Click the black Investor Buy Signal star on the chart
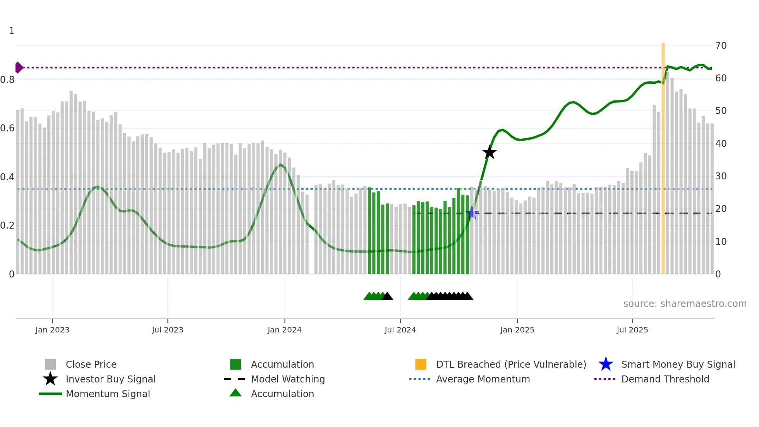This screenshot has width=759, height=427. pyautogui.click(x=489, y=153)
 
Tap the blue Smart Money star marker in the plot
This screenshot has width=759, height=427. pyautogui.click(x=472, y=213)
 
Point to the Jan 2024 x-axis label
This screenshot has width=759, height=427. pyautogui.click(x=284, y=330)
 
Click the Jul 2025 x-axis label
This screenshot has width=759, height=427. pyautogui.click(x=632, y=330)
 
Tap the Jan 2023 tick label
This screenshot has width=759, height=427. pyautogui.click(x=52, y=330)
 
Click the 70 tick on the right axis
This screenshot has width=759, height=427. pyautogui.click(x=721, y=46)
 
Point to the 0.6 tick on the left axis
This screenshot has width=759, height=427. pyautogui.click(x=7, y=128)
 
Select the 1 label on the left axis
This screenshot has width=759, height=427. pyautogui.click(x=12, y=31)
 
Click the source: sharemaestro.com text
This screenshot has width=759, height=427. pyautogui.click(x=685, y=304)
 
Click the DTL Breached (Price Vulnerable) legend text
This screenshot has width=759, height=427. pyautogui.click(x=511, y=364)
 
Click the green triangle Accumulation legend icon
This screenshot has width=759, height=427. pyautogui.click(x=235, y=393)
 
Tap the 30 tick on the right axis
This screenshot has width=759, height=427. pyautogui.click(x=721, y=176)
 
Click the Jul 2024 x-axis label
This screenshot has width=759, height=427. pyautogui.click(x=400, y=330)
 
